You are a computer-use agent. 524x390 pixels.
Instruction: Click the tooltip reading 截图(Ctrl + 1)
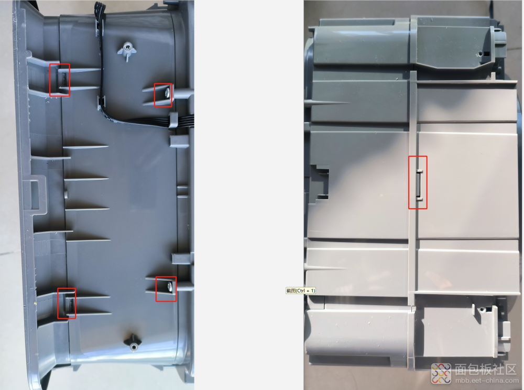point(301,290)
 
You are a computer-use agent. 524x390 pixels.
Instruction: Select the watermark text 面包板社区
point(485,370)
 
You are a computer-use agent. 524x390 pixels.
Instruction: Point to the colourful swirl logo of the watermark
point(441,373)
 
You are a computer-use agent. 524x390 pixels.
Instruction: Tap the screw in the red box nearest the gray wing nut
point(168,93)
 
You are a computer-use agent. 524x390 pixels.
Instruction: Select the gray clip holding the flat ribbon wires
point(173,120)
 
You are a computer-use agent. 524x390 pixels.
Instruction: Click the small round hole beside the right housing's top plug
point(480,53)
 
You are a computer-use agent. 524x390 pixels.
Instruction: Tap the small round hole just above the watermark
point(482,309)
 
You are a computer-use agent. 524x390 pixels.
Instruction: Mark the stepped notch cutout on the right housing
point(320,182)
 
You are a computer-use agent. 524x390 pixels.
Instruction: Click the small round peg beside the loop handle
point(66,194)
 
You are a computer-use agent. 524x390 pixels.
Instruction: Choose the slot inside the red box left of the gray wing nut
point(63,79)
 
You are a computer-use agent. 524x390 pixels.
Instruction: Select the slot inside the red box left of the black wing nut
point(71,304)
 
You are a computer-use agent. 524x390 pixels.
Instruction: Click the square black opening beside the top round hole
point(487,53)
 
